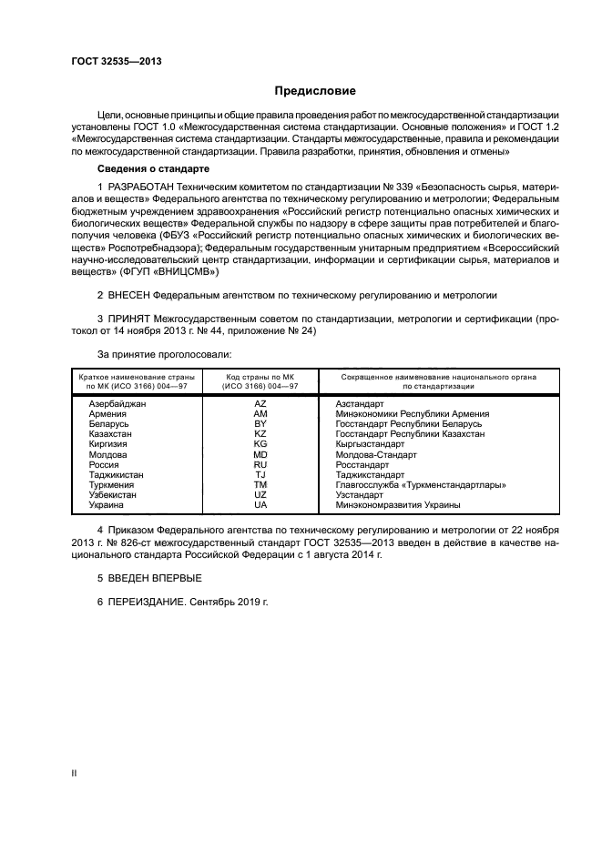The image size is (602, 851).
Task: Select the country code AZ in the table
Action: pyautogui.click(x=260, y=402)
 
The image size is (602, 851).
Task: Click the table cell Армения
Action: pyautogui.click(x=108, y=413)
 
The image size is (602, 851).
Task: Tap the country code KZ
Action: pyautogui.click(x=260, y=434)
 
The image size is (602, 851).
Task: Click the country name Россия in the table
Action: pyautogui.click(x=105, y=465)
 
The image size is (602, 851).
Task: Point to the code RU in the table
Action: pyautogui.click(x=260, y=465)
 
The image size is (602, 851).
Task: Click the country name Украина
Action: pyautogui.click(x=107, y=505)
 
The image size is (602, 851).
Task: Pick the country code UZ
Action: pyautogui.click(x=260, y=495)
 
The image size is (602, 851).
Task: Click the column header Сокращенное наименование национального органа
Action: pyautogui.click(x=437, y=376)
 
